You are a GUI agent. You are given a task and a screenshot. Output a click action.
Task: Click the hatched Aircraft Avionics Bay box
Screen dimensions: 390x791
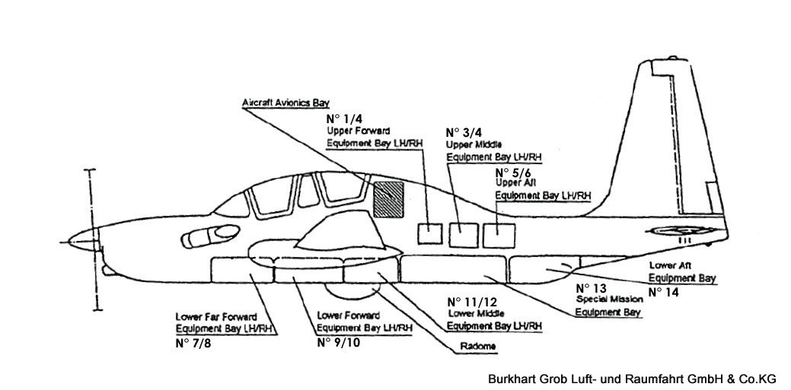pos(391,199)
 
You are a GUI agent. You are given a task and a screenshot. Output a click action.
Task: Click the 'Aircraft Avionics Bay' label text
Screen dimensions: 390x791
pos(281,102)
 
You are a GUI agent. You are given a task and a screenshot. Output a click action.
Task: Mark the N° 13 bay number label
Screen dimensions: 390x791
pos(591,288)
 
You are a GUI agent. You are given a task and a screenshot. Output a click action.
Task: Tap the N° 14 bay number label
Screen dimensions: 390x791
pos(663,291)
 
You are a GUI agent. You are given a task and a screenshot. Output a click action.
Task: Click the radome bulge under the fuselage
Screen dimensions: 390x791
pos(353,289)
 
